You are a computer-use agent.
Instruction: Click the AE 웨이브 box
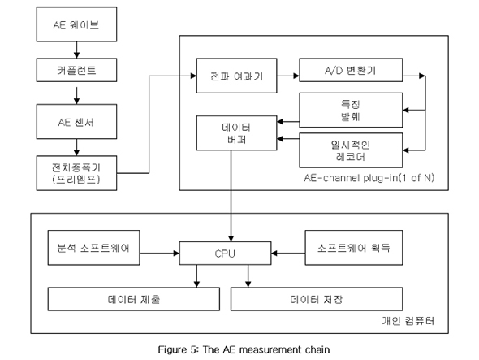(76, 24)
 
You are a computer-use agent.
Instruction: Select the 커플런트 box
(76, 70)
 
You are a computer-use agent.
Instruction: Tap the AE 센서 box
(76, 122)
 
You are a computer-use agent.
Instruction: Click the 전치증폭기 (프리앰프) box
(76, 173)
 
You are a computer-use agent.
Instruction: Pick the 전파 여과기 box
(237, 76)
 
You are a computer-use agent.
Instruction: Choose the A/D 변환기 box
(351, 70)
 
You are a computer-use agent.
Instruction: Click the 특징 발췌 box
(351, 110)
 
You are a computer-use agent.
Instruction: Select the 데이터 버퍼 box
(237, 133)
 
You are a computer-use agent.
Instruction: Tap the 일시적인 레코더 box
(351, 150)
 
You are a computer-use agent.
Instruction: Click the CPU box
(225, 254)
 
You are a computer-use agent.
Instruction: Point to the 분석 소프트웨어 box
(94, 248)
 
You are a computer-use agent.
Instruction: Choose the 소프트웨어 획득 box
(354, 248)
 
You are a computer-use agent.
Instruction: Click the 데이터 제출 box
(133, 299)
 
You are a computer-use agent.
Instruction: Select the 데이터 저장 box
(317, 299)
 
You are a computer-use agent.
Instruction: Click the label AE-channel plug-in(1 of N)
(369, 178)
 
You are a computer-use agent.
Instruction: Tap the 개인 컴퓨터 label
(408, 321)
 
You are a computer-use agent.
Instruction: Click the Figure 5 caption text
(244, 349)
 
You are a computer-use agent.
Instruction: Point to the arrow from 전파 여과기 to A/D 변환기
(288, 76)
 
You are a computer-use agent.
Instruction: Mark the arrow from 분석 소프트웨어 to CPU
(159, 254)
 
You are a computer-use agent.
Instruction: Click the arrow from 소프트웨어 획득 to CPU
(288, 254)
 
